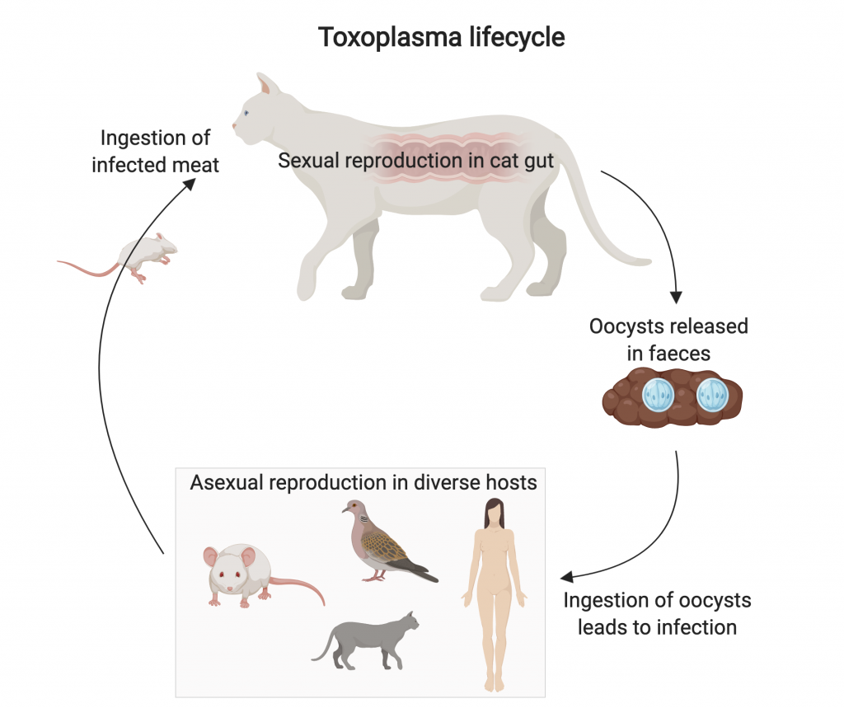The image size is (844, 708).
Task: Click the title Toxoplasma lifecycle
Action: (442, 38)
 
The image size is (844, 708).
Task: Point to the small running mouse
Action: (149, 249)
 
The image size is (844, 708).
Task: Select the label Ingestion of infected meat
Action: (155, 151)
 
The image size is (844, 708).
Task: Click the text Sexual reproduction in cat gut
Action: (416, 160)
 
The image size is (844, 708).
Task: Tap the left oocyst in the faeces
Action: (659, 396)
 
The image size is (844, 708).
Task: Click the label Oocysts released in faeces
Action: (668, 339)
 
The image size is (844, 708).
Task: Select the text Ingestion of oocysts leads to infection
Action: (657, 613)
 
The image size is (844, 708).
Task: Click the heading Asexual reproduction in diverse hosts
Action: (363, 482)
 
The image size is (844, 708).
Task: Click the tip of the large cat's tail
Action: (648, 262)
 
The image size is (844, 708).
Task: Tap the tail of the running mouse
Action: (86, 267)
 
